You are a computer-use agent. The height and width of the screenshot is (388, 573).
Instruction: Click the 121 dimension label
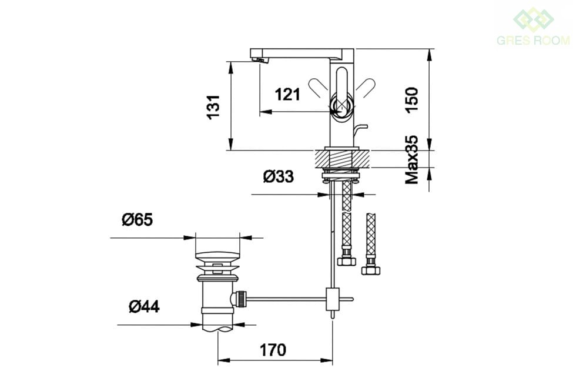(x=287, y=94)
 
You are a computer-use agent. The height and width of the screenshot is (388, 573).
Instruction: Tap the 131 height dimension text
(x=213, y=107)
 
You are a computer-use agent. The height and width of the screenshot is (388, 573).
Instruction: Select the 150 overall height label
(x=411, y=100)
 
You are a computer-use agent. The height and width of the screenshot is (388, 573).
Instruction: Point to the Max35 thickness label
(x=411, y=159)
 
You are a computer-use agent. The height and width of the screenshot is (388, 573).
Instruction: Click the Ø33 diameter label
(x=279, y=176)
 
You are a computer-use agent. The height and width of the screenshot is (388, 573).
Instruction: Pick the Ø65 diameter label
(x=137, y=219)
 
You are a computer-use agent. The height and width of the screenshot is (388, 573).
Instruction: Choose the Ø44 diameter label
(x=144, y=306)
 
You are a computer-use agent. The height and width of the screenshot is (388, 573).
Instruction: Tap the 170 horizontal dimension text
(x=273, y=350)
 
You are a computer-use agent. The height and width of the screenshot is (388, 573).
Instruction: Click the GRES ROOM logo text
(x=533, y=40)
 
